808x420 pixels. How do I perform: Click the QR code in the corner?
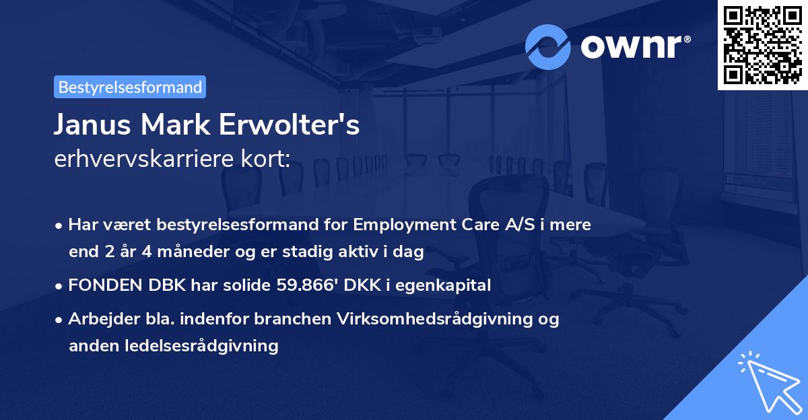click(x=762, y=44)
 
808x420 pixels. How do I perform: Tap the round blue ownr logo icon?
click(x=548, y=46)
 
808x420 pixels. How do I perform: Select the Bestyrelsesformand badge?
click(x=130, y=87)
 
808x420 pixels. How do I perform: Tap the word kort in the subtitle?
click(x=266, y=160)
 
